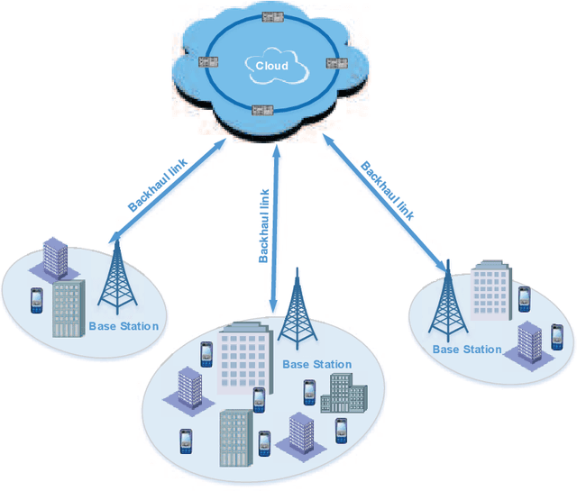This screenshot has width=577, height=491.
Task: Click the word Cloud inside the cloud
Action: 272,66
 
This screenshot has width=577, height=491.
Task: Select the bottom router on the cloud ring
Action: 262,111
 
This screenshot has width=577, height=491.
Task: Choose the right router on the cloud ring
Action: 335,63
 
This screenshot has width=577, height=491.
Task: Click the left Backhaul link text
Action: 160,184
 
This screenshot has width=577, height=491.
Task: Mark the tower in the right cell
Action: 444,302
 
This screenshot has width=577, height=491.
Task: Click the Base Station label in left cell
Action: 124,326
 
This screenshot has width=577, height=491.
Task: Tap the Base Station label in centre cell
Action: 317,365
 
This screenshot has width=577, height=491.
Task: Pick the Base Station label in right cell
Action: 466,349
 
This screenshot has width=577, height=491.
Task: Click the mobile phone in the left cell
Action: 36,300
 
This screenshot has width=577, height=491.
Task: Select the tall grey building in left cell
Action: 68,309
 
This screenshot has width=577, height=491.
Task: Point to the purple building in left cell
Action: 57,257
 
